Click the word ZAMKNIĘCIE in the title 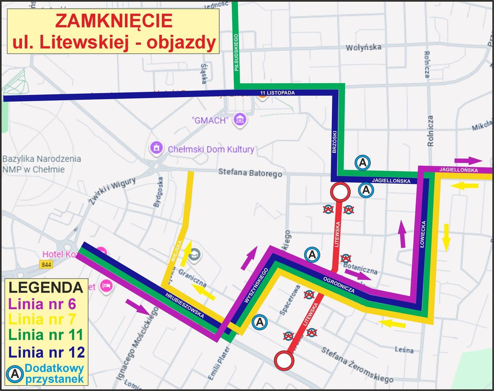click(114, 20)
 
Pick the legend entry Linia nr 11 click(45, 335)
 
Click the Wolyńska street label click(363, 47)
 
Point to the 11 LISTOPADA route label click(277, 93)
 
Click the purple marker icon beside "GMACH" click(239, 119)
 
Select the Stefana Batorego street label click(250, 173)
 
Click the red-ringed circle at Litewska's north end click(340, 191)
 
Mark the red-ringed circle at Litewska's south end click(283, 360)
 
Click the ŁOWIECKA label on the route click(423, 234)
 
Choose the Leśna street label click(403, 350)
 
